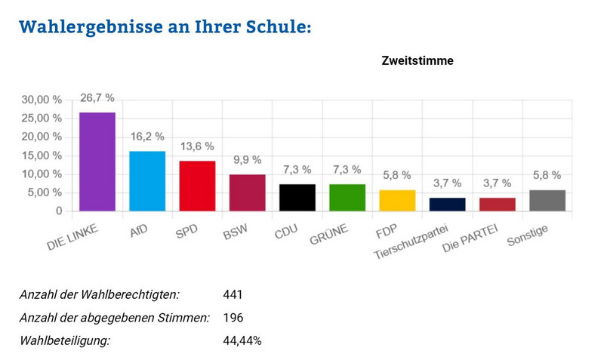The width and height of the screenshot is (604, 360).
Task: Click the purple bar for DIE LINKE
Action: pos(97,162)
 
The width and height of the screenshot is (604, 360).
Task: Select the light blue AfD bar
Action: pos(147,181)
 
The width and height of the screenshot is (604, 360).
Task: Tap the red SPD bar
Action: pos(197,186)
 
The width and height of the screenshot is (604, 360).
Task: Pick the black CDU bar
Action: pos(297,198)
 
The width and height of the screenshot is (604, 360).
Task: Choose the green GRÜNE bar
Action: pos(347,198)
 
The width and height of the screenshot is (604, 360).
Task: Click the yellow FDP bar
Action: pos(397,201)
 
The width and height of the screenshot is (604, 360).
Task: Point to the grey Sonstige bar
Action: pos(548,201)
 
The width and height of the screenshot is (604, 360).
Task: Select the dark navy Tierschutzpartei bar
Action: pos(448,205)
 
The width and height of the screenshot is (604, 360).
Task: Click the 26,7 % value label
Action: pos(97,98)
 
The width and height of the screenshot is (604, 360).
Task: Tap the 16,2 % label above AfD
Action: pos(147,137)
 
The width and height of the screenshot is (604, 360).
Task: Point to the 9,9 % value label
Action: pos(247,160)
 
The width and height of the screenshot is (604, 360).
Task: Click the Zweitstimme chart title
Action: pos(417,61)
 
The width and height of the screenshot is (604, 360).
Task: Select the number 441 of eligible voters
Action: pos(233,295)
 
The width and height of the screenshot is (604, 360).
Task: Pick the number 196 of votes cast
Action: pos(233,318)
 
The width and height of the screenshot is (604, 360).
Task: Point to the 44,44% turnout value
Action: pos(242,340)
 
